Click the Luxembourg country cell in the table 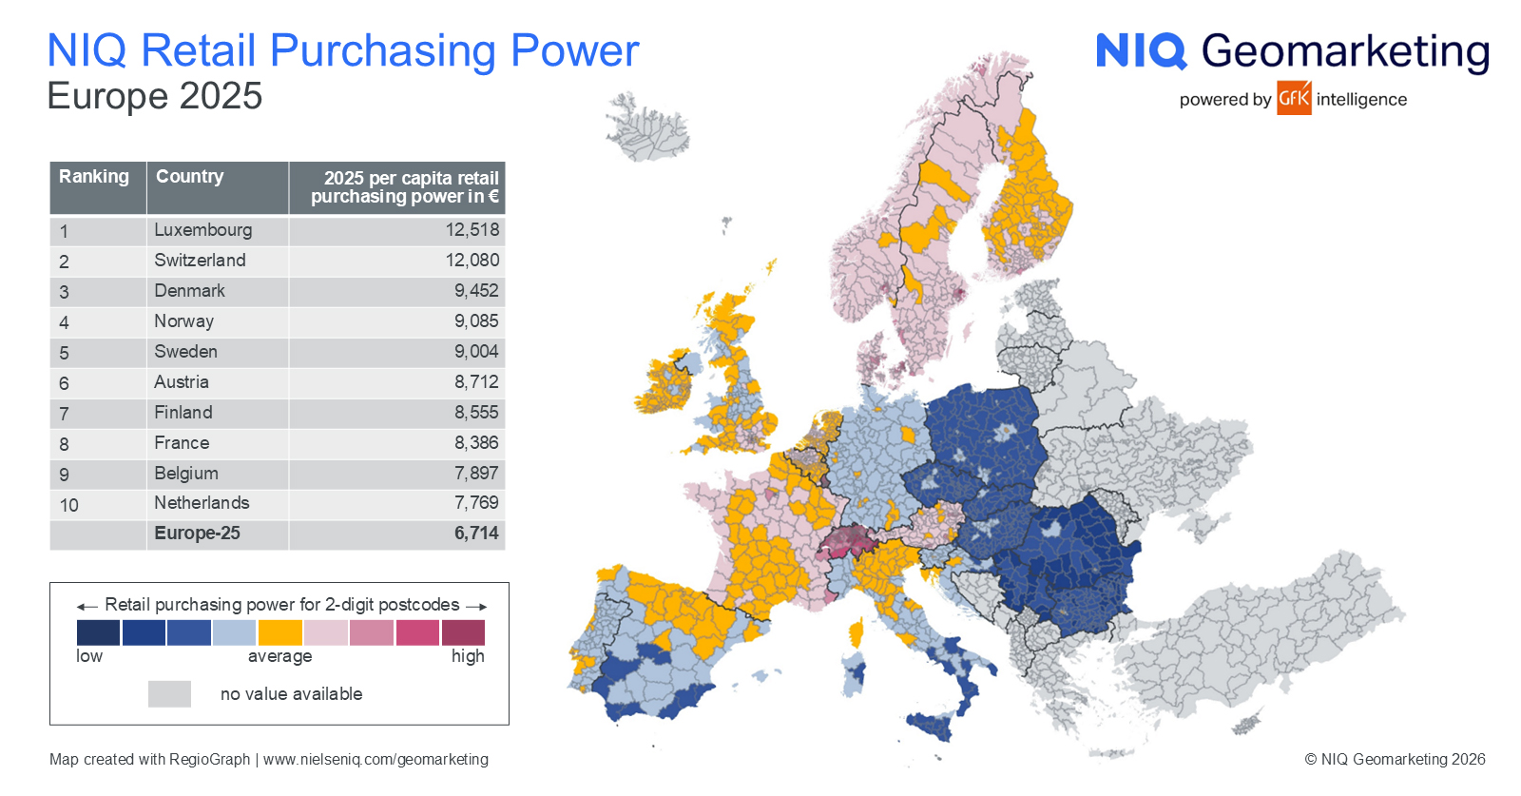203,230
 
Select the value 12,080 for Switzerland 472,261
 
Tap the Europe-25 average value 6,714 476,534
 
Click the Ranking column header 94,177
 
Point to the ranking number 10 68,505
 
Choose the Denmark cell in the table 189,291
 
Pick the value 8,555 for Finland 476,412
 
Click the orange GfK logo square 1294,98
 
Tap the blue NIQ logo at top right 1142,51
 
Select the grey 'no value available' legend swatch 170,694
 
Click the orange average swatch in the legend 279,632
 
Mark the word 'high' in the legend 468,656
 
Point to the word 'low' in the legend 89,656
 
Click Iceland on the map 648,127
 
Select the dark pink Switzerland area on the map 844,541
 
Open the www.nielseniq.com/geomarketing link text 375,759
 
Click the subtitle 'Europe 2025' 155,96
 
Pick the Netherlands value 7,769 476,502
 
